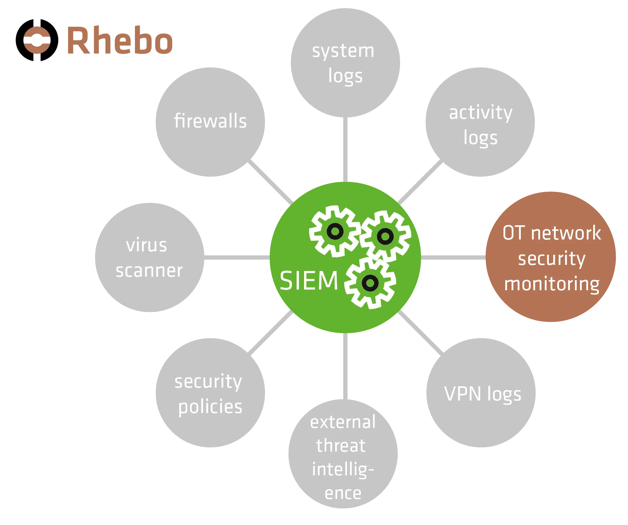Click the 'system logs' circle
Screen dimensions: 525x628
(x=345, y=63)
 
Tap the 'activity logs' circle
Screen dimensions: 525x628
(x=480, y=123)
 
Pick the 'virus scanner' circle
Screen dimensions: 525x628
(x=150, y=258)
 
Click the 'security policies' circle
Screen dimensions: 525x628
(x=209, y=393)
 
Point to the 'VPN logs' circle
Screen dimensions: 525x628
(x=480, y=393)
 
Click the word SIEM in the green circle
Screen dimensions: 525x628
(x=309, y=281)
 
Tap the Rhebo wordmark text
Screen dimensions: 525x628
(x=120, y=40)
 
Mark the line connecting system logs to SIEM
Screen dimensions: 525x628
(x=345, y=151)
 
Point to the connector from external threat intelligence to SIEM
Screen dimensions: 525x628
(x=345, y=365)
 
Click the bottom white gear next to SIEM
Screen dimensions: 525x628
(x=370, y=282)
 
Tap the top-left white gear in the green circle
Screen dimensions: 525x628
(x=335, y=232)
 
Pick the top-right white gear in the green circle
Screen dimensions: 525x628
(x=385, y=236)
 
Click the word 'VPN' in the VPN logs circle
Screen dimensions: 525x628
(x=462, y=394)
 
